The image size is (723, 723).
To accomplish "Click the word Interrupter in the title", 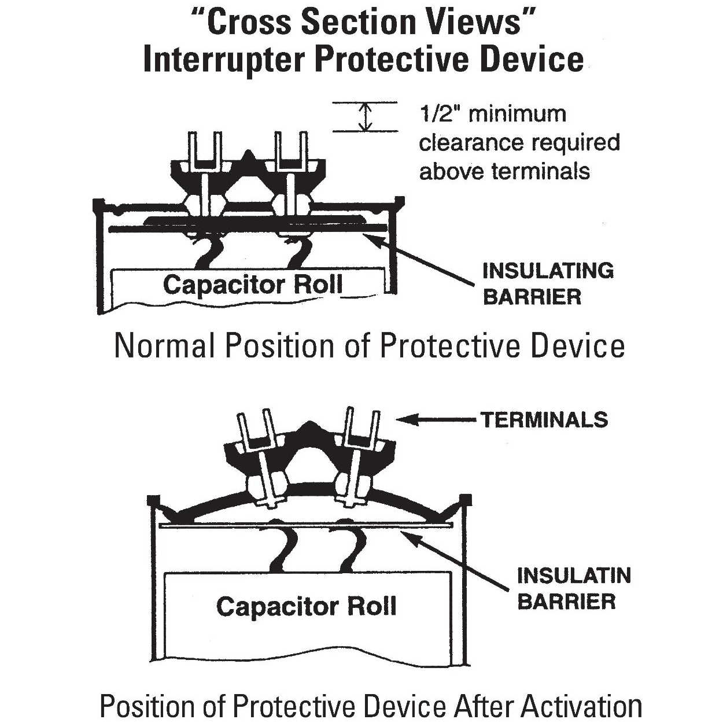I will point(223,60).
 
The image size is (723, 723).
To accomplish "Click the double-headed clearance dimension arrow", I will point(365,117).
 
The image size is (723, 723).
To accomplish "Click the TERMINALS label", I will point(544,419).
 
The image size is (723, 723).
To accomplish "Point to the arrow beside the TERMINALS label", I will point(437,419).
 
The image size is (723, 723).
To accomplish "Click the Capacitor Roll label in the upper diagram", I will point(253,285).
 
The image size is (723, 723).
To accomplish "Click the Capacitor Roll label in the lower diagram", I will point(306,606).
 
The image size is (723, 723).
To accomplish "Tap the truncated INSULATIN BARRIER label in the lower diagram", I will point(573,588).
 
